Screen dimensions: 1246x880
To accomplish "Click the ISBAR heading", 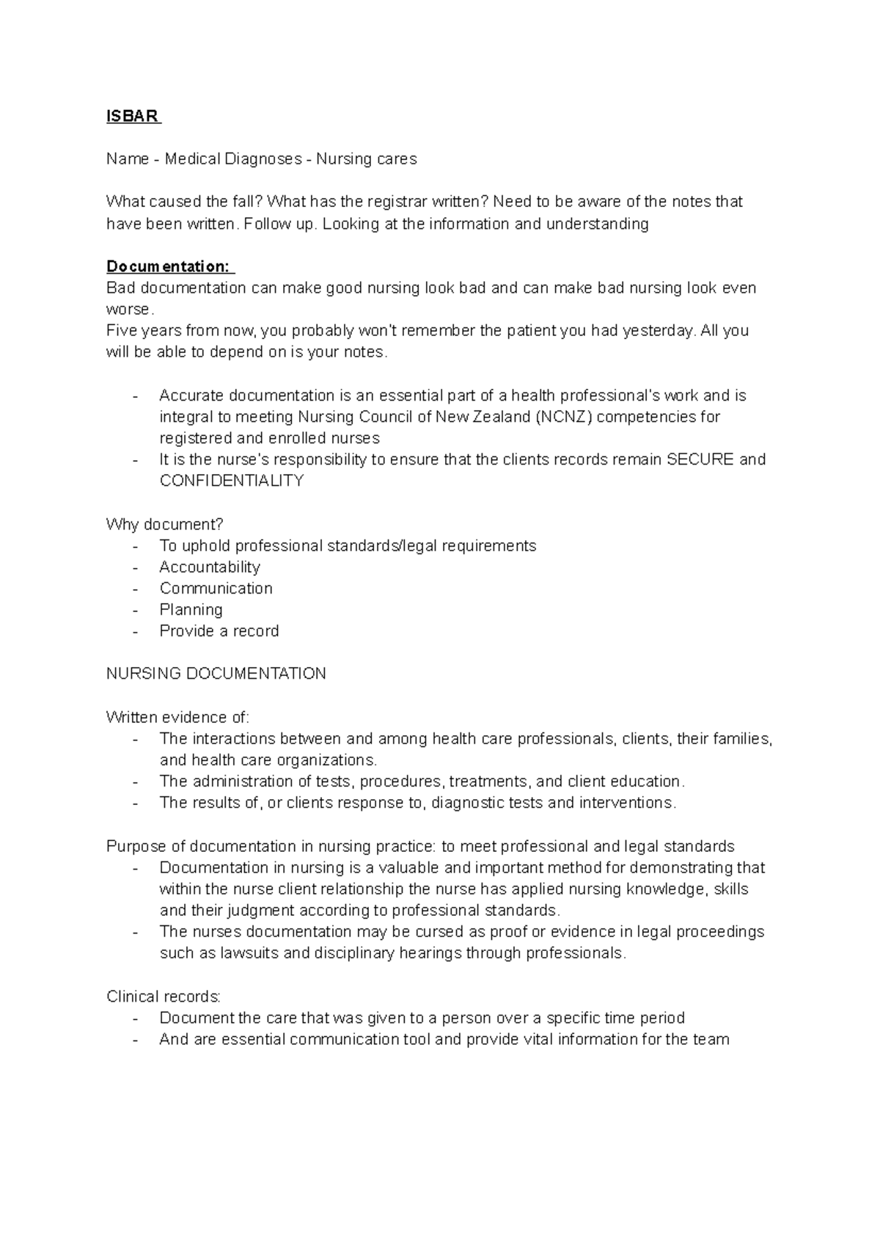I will click(x=132, y=117).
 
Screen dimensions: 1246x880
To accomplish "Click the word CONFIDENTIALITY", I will click(x=231, y=481).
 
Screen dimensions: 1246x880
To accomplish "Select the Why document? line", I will click(x=164, y=525).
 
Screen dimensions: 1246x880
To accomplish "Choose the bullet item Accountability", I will click(x=210, y=567).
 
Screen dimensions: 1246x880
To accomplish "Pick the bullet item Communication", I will click(x=216, y=589).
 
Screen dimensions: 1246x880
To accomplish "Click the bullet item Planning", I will click(x=191, y=610).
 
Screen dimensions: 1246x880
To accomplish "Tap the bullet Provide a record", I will click(x=219, y=631).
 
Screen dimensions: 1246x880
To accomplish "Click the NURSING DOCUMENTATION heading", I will click(x=216, y=674).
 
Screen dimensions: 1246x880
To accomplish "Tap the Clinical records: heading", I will click(x=163, y=997).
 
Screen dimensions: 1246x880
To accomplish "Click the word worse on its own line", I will click(x=128, y=310).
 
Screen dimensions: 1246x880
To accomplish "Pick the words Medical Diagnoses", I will click(x=232, y=159).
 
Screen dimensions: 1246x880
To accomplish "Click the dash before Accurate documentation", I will click(x=136, y=396).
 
